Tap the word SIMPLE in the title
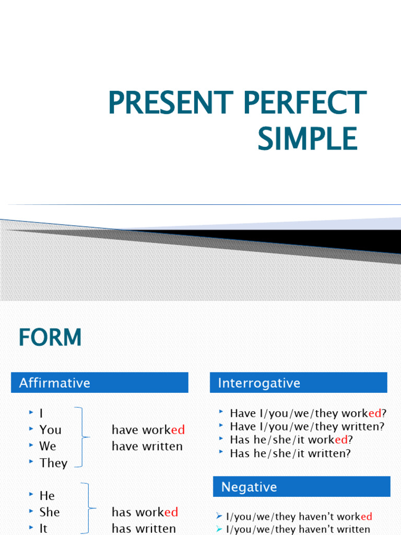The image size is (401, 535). click(308, 138)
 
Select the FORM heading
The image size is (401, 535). click(50, 338)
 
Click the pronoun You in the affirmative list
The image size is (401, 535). click(50, 430)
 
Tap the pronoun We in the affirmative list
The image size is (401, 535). click(48, 446)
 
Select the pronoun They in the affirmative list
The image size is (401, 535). click(53, 463)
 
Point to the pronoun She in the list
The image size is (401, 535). click(50, 512)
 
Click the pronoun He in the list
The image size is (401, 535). click(47, 495)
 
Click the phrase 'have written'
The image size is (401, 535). click(147, 446)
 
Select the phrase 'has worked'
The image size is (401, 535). click(145, 512)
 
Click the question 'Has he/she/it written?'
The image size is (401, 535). click(290, 453)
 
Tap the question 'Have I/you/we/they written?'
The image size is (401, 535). click(307, 426)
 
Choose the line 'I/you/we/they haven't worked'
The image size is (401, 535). click(299, 517)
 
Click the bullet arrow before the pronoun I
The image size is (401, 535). click(31, 413)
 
